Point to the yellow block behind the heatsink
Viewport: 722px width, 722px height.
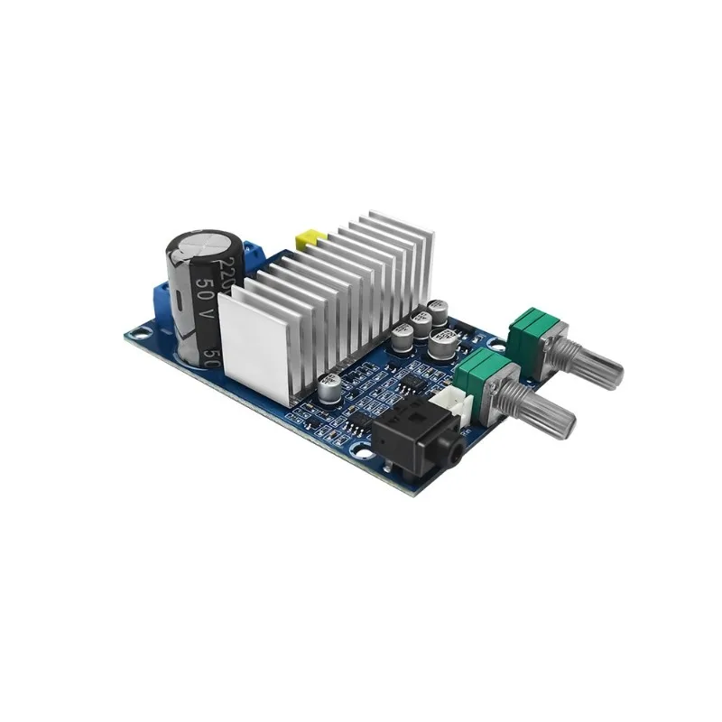309,239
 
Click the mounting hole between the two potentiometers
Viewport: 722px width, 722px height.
494,344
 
